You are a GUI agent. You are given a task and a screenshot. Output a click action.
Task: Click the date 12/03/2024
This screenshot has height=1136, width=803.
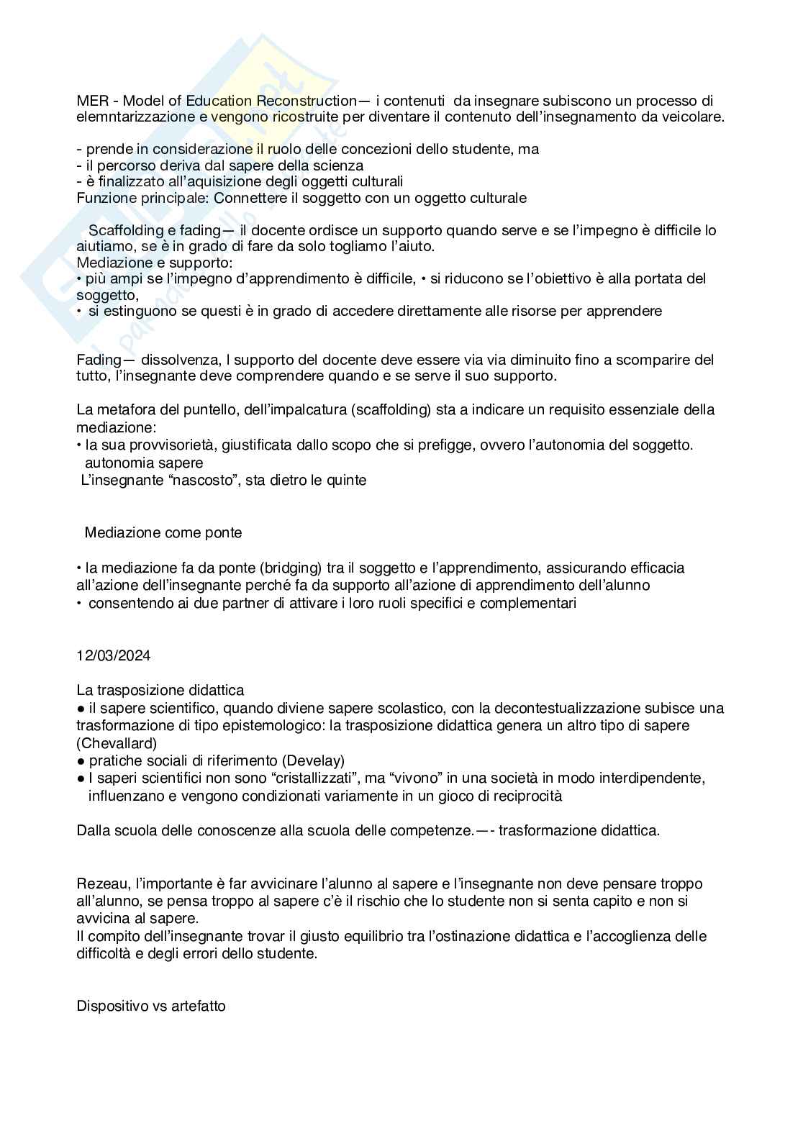114,655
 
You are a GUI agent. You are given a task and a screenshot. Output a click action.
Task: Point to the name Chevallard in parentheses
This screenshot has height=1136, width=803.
117,743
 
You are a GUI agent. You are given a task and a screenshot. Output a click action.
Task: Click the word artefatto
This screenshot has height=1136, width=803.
198,1006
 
